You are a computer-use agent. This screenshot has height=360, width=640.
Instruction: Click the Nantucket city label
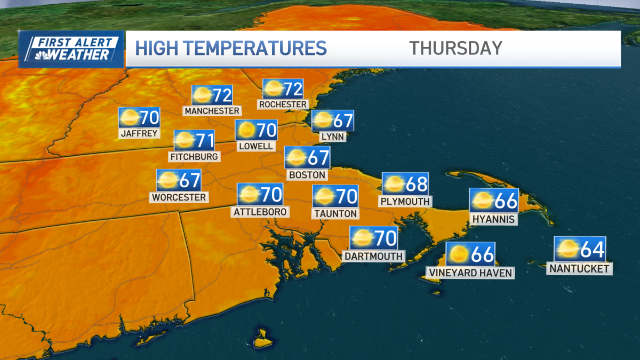tap(580, 269)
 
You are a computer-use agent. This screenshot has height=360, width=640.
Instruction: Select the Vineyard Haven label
tap(470, 273)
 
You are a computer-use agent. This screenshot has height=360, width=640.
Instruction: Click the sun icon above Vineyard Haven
tap(458, 254)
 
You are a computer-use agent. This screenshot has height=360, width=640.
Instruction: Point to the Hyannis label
tap(493, 219)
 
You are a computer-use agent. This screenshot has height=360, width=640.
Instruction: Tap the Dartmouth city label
tap(373, 256)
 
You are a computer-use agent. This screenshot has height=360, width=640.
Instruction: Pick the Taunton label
tap(335, 213)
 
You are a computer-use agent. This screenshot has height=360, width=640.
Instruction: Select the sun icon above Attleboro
tap(249, 195)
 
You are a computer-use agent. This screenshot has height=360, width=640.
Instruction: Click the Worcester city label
tap(179, 197)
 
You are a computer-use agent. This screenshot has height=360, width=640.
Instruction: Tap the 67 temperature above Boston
tap(318, 158)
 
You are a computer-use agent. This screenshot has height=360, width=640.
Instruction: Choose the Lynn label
tap(333, 137)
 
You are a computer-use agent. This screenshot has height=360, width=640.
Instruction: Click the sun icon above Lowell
tap(246, 130)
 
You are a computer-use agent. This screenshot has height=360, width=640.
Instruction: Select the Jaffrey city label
tap(140, 133)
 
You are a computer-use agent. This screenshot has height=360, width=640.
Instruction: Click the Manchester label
tap(212, 111)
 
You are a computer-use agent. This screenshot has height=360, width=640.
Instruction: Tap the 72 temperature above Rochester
tap(292, 89)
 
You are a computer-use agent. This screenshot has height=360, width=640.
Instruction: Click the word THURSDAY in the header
tap(456, 48)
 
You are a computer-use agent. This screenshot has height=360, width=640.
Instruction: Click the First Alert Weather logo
tap(71, 49)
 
